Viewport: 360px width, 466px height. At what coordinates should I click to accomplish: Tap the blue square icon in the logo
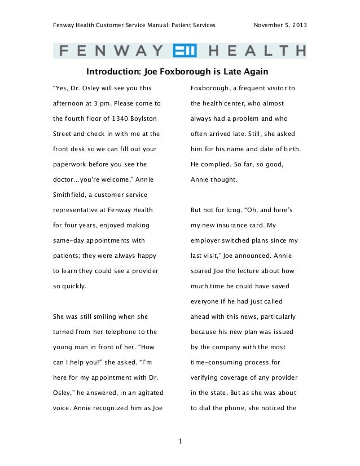(x=185, y=51)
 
